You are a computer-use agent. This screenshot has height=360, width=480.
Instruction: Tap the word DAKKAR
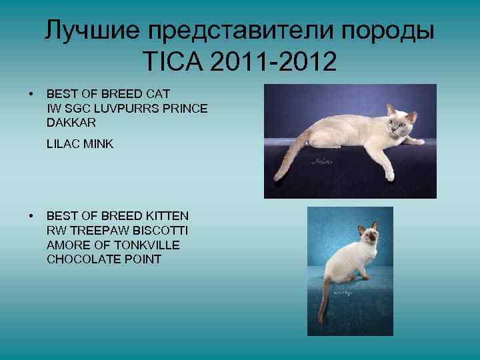71,123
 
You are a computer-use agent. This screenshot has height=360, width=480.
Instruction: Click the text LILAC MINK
80,143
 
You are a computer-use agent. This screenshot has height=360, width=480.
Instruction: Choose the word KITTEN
166,216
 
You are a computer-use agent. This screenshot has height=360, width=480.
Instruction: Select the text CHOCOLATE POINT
104,259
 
